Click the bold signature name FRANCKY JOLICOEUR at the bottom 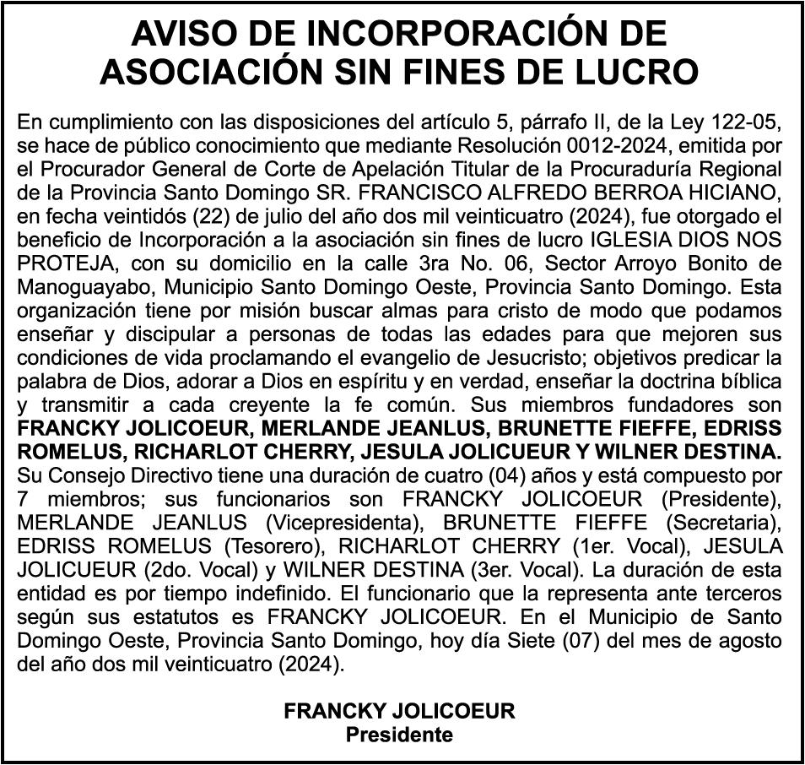[399, 711]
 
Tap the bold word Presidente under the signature [399, 734]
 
